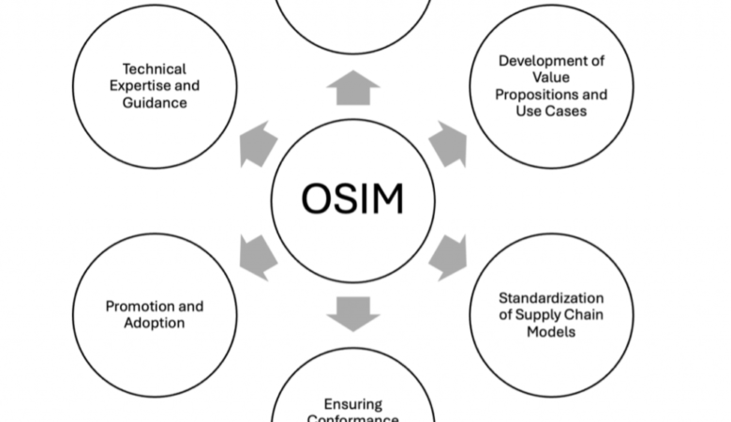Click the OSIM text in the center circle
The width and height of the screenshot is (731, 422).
[353, 199]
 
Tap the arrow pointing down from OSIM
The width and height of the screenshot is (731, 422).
[353, 313]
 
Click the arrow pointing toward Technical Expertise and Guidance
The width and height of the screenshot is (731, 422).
[258, 143]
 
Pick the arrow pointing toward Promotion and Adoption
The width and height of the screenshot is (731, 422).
[258, 254]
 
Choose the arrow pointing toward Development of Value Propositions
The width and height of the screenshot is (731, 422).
[448, 143]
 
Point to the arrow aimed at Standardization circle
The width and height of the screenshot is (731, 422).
[448, 254]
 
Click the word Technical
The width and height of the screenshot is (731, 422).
[155, 68]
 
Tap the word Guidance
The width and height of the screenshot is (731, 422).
[155, 102]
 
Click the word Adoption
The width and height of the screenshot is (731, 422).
[155, 324]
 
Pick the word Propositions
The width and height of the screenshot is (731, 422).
[551, 95]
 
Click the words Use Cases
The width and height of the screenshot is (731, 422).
[551, 112]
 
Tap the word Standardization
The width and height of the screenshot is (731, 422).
[551, 298]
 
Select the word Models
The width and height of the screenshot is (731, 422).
[551, 332]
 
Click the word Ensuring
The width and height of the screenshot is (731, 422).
[353, 404]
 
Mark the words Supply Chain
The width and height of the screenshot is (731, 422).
[559, 315]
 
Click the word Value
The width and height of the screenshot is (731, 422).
[551, 78]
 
